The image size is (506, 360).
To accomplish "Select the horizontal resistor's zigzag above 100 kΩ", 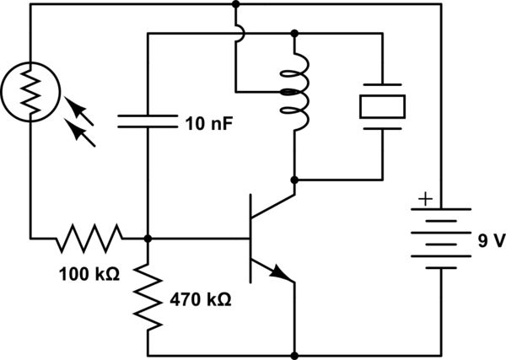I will tap(89, 239).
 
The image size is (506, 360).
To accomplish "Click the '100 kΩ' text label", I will tap(88, 274).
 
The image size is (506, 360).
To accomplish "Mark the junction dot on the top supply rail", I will tap(235, 4).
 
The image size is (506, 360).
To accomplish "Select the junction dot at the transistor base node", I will tap(148, 239).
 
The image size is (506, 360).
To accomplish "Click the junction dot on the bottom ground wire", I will tap(294, 355).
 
